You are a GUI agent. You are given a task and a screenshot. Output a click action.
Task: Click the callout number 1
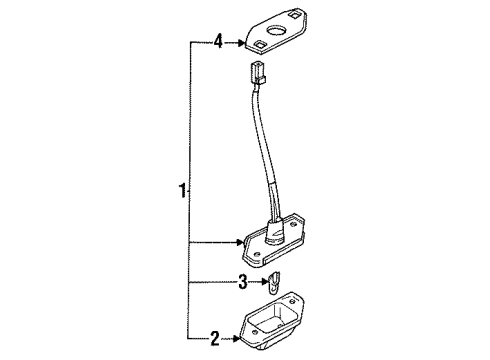[182, 189]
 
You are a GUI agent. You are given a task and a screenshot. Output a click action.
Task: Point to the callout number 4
[216, 42]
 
